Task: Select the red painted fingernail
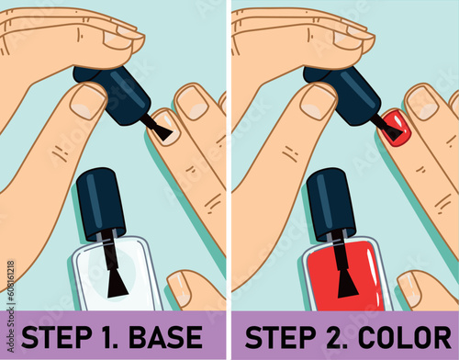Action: tap(393, 125)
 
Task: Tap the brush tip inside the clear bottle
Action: tap(117, 281)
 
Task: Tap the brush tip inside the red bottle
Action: tap(347, 281)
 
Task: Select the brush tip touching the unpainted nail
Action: tap(162, 131)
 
